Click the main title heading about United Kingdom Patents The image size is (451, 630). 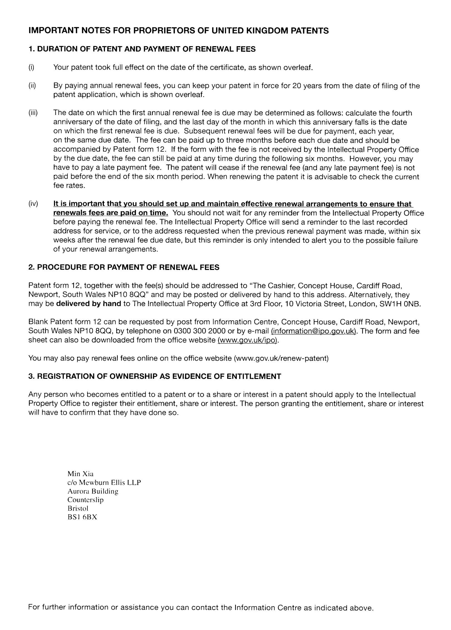178,31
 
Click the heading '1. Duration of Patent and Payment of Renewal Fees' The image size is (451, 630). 142,49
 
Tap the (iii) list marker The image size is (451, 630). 33,113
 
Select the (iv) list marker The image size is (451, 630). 33,204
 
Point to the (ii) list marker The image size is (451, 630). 32,86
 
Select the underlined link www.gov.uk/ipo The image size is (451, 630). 247,340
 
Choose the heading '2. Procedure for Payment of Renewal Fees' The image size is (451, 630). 124,267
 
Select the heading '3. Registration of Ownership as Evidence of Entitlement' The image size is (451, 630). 155,376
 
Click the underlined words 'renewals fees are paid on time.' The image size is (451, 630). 111,213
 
